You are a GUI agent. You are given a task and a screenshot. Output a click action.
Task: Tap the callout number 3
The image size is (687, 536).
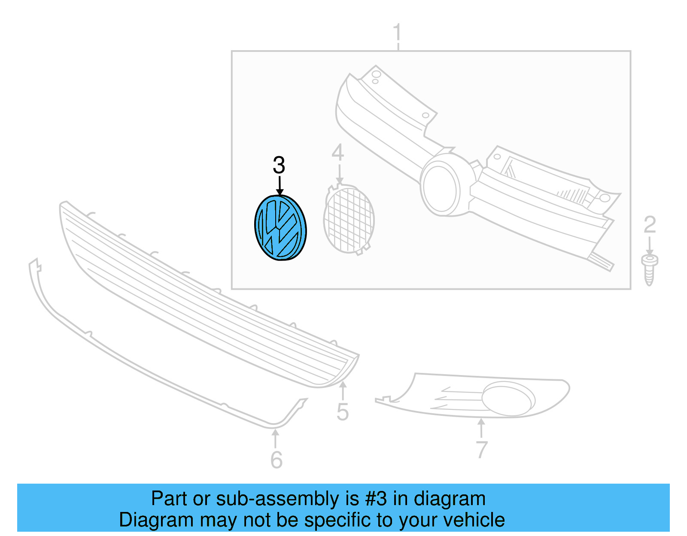coord(279,165)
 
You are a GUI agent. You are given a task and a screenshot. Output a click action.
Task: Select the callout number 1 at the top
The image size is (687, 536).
coord(398,33)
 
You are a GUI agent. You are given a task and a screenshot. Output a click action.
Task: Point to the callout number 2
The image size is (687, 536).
coord(650,225)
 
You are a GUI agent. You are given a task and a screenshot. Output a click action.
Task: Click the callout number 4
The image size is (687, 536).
coord(338,153)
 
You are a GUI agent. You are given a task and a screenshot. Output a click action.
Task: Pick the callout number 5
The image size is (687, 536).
coord(343,412)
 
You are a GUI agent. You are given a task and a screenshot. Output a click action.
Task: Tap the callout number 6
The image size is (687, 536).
coord(277,460)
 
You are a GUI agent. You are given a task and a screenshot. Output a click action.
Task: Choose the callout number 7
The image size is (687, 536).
coord(482,450)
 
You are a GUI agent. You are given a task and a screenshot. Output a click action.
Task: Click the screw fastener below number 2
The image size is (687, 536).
coord(649,269)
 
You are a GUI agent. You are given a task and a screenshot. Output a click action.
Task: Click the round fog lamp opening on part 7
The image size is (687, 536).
coord(508,398)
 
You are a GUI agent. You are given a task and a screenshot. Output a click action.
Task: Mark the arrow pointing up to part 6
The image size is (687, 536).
coord(275,438)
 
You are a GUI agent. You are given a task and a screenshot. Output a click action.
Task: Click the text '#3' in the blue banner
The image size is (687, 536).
coord(376,499)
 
